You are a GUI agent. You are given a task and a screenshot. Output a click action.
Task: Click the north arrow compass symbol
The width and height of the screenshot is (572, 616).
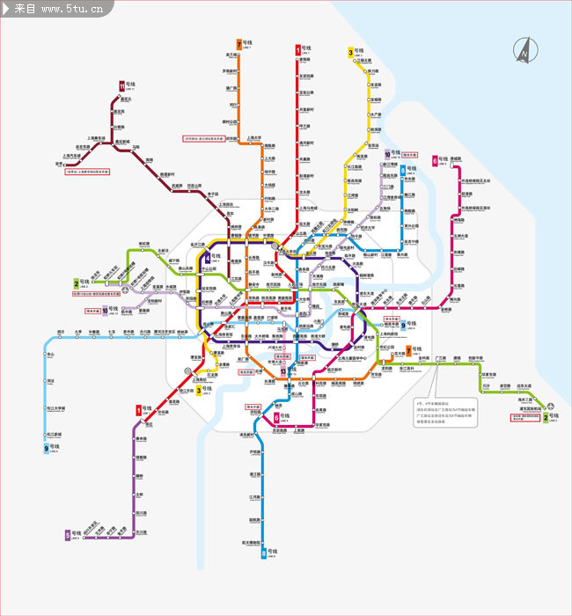tap(524, 50)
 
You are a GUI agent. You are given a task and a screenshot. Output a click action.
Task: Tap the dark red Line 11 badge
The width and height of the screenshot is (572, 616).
tap(121, 85)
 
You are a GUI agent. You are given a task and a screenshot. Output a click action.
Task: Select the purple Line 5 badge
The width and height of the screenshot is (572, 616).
tap(68, 534)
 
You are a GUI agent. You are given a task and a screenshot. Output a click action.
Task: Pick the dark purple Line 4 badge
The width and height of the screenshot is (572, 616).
tap(207, 258)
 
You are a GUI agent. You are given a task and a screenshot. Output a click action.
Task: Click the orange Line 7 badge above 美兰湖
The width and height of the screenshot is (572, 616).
tap(238, 43)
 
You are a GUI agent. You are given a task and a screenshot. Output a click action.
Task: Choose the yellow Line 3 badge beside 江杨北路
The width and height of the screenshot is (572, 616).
tap(351, 53)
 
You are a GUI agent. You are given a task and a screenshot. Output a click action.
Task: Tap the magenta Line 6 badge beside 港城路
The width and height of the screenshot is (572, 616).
tap(435, 160)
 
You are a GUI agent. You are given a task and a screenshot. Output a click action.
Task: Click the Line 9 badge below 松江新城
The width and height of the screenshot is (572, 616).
tap(47, 448)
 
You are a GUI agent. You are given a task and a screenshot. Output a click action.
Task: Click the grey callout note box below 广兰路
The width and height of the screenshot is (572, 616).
tap(445, 411)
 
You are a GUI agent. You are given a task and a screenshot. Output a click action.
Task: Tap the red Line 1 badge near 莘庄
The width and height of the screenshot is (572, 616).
tap(138, 409)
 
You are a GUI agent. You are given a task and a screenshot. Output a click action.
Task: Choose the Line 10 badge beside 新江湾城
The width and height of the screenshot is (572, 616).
tap(386, 153)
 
